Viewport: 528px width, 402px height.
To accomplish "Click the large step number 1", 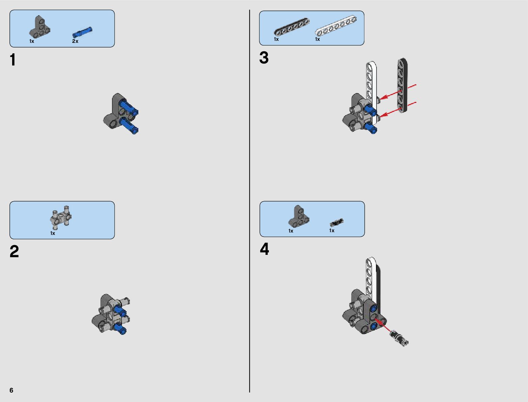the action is [13, 59].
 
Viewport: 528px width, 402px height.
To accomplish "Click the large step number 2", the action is [14, 251].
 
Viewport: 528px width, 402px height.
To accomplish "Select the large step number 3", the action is [264, 58].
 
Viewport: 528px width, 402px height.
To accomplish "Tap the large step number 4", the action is [265, 249].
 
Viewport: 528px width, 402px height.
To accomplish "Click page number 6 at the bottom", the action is [11, 390].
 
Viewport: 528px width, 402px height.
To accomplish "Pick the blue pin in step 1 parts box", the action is [82, 32].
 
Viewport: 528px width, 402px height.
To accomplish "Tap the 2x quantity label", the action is [75, 41].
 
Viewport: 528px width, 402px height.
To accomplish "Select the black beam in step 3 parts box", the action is [292, 27].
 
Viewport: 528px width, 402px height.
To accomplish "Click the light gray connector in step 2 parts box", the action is [61, 217].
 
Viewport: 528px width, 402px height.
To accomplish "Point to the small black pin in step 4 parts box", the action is [336, 222].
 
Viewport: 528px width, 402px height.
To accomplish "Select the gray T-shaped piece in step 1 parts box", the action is [40, 27].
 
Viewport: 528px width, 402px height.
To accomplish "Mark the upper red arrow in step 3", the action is [398, 92].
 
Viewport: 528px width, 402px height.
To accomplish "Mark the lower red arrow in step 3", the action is [398, 110].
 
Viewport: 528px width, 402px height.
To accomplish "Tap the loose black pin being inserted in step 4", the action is [399, 338].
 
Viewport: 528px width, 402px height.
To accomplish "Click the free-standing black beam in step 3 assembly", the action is [402, 85].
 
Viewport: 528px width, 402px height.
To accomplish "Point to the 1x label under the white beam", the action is [317, 39].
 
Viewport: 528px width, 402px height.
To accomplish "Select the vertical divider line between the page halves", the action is [250, 201].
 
